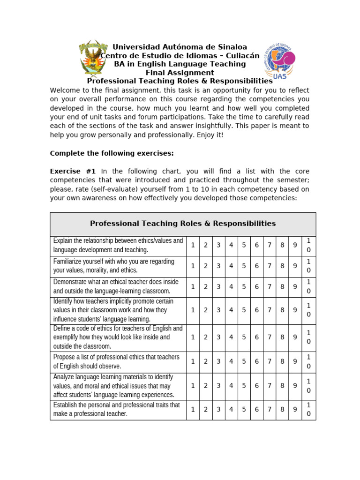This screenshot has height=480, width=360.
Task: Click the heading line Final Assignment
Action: point(180,73)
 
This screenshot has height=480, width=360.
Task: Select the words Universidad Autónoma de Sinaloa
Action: point(180,47)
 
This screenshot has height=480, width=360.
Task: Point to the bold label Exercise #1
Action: point(73,171)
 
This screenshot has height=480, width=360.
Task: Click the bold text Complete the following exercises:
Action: point(112,153)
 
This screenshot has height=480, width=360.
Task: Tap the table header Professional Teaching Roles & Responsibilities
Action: point(183,224)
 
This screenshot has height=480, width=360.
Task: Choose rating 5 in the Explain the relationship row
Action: point(244,245)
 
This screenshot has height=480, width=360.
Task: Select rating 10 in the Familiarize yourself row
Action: point(308,266)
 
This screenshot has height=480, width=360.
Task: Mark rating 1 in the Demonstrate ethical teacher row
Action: point(192,287)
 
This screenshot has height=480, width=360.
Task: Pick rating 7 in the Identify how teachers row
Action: point(270,310)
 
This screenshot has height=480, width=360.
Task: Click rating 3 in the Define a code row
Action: point(218,337)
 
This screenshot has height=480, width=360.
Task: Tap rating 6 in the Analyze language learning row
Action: point(257,386)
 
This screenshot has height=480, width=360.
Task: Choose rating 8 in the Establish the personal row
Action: point(283,410)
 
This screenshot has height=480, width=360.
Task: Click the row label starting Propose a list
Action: point(116,361)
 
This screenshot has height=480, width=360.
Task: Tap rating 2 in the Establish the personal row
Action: point(205,410)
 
